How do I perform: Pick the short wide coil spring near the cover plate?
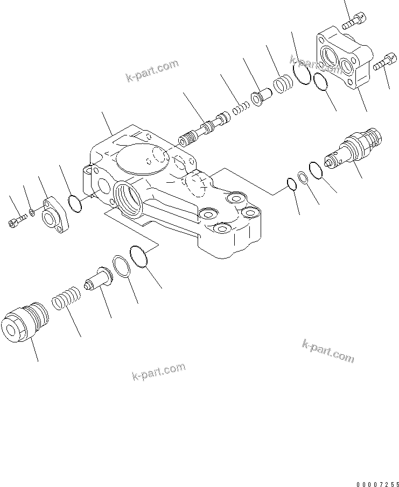pos(283,84)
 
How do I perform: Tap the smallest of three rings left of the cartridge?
pos(291,184)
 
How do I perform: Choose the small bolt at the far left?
pos(17,220)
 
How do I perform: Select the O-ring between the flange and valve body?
pos(76,204)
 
